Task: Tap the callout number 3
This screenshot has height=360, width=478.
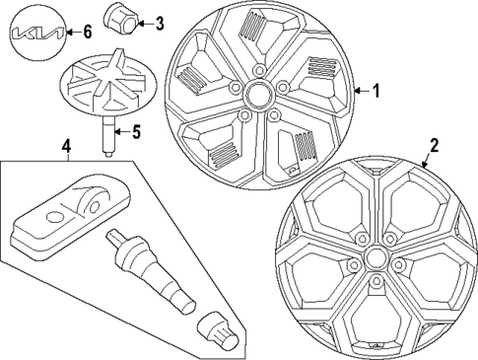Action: [160, 21]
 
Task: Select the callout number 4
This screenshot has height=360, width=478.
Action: [66, 149]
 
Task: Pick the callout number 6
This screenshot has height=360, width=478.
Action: [87, 33]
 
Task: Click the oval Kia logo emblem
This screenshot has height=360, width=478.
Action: [36, 35]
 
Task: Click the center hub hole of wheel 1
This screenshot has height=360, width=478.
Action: [261, 96]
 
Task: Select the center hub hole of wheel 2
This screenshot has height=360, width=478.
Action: [375, 258]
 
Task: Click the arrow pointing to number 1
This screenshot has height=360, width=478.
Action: [359, 91]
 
